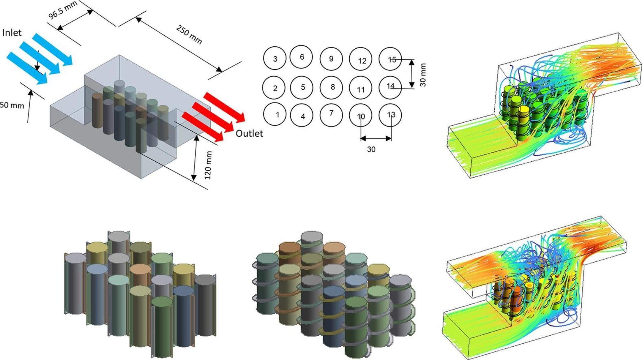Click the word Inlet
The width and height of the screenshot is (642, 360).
click(12, 32)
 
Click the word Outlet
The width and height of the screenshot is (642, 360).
click(249, 134)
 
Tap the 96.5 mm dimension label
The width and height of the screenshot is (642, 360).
click(63, 10)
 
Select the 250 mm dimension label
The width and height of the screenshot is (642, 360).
click(189, 34)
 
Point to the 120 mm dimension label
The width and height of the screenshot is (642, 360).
click(208, 165)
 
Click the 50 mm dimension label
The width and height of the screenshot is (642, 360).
click(12, 105)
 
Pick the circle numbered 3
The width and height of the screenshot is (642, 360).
click(275, 59)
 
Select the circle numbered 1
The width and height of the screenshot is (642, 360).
click(275, 114)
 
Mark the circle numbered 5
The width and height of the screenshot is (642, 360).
click(302, 87)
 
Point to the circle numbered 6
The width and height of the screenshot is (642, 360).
click(301, 57)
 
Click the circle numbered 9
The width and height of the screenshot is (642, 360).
click(331, 59)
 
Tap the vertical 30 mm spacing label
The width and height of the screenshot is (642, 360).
click(423, 75)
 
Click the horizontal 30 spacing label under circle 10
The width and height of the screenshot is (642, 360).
click(371, 149)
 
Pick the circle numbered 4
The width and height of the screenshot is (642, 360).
click(302, 116)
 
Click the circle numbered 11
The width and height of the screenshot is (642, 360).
click(361, 88)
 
